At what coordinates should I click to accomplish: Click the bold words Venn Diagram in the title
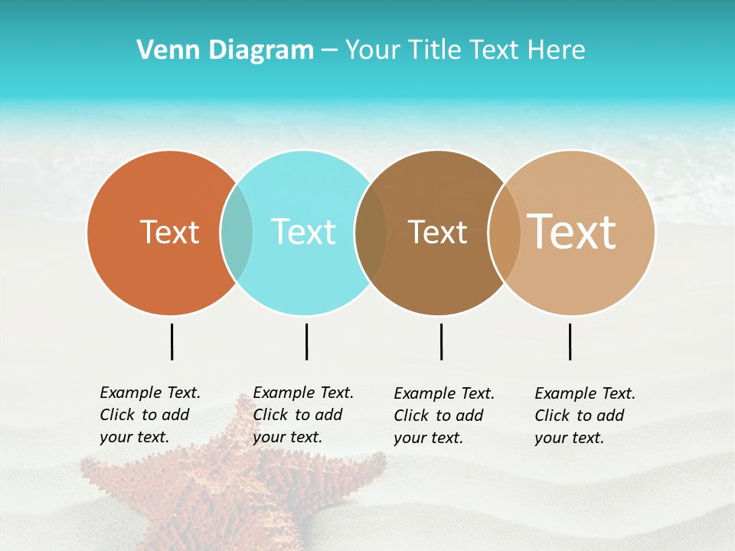click(x=225, y=51)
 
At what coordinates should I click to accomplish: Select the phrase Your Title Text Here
click(x=465, y=51)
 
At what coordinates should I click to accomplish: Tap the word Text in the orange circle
click(x=169, y=232)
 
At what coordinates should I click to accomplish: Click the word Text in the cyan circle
click(x=303, y=232)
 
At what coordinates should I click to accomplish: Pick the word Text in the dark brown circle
click(x=437, y=232)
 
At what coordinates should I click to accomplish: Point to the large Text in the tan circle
click(x=571, y=232)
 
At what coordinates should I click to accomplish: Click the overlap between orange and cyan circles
click(x=237, y=233)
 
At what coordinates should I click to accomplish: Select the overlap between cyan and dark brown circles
click(x=371, y=233)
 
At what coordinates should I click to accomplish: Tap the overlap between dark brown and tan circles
click(x=505, y=233)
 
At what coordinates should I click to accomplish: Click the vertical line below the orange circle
click(x=171, y=341)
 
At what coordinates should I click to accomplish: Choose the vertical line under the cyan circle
click(x=306, y=341)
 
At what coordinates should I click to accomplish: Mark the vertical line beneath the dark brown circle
click(x=441, y=341)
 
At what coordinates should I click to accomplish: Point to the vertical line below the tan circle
click(x=570, y=341)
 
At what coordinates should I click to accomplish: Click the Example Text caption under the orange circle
click(x=149, y=415)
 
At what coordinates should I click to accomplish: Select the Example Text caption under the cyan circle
click(x=302, y=415)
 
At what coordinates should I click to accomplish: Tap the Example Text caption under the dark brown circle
click(x=443, y=416)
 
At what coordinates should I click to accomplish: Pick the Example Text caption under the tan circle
click(x=584, y=416)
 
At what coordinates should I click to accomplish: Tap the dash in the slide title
click(x=329, y=51)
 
